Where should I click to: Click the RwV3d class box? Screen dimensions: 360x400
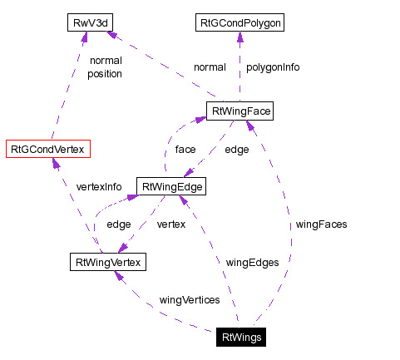pyautogui.click(x=89, y=22)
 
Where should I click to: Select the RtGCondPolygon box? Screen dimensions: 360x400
pyautogui.click(x=240, y=22)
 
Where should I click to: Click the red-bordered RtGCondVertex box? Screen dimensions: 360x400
pyautogui.click(x=47, y=150)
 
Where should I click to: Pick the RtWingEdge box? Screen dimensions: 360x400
pyautogui.click(x=170, y=187)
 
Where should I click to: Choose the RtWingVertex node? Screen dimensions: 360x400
pyautogui.click(x=107, y=263)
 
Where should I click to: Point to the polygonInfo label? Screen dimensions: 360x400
pyautogui.click(x=272, y=67)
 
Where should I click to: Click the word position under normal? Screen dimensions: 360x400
pyautogui.click(x=105, y=73)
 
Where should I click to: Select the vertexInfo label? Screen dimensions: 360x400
pyautogui.click(x=99, y=186)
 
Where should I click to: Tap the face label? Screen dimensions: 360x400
pyautogui.click(x=185, y=150)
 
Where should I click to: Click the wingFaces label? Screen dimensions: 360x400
pyautogui.click(x=321, y=224)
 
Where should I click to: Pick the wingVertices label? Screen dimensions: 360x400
pyautogui.click(x=189, y=299)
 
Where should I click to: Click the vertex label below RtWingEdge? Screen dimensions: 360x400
pyautogui.click(x=170, y=224)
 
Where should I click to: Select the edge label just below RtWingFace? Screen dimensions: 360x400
pyautogui.click(x=237, y=150)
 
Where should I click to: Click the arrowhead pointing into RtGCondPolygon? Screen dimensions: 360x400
pyautogui.click(x=240, y=37)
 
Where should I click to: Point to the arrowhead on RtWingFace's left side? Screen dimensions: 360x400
pyautogui.click(x=200, y=120)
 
